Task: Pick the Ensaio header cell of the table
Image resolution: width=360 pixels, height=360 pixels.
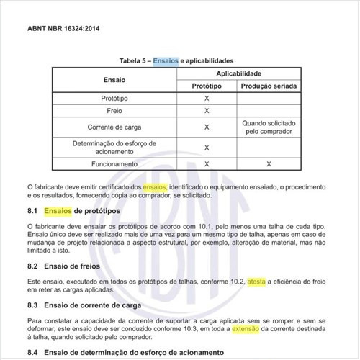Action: pyautogui.click(x=114, y=79)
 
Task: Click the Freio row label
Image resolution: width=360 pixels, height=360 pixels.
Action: pyautogui.click(x=114, y=111)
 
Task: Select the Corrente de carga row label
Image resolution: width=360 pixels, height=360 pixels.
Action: pyautogui.click(x=114, y=127)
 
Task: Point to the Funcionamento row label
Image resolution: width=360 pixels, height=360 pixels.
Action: pyautogui.click(x=114, y=163)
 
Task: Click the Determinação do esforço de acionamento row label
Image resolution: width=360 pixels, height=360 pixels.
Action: pyautogui.click(x=114, y=147)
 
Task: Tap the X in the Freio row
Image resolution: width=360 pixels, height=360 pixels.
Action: pyautogui.click(x=207, y=111)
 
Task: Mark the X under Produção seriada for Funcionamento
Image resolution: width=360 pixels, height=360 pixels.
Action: pyautogui.click(x=269, y=163)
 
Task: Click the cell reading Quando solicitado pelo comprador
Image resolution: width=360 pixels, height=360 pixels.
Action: pyautogui.click(x=269, y=127)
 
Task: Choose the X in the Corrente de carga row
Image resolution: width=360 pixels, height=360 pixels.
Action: pyautogui.click(x=207, y=127)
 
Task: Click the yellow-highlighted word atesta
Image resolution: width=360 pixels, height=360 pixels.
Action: pyautogui.click(x=256, y=282)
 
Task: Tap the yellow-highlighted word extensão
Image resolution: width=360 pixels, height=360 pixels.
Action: pyautogui.click(x=248, y=328)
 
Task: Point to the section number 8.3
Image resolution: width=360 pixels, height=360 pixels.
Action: pyautogui.click(x=32, y=305)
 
